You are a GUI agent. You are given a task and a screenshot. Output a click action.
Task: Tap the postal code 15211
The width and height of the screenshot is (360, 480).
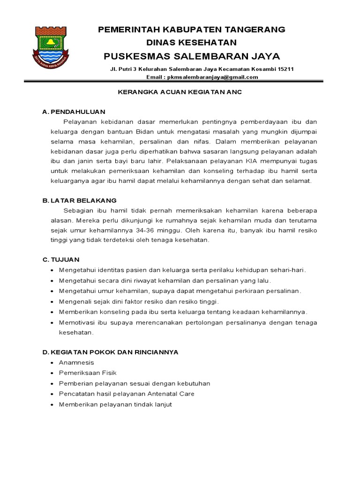coord(285,69)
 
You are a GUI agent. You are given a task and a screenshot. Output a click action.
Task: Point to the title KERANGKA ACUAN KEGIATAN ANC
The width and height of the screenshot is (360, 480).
coord(179,93)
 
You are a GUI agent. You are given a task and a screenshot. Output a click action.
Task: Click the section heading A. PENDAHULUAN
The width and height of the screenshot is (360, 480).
coord(74,112)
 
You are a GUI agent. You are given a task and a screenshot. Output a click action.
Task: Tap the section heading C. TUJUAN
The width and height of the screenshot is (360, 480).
coord(61,259)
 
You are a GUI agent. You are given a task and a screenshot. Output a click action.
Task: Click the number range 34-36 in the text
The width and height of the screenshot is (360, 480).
coord(169,230)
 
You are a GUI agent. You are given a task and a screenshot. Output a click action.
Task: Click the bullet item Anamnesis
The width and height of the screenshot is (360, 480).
coord(76,363)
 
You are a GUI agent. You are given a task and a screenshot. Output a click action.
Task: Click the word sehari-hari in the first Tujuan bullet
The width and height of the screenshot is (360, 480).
coord(288,270)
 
